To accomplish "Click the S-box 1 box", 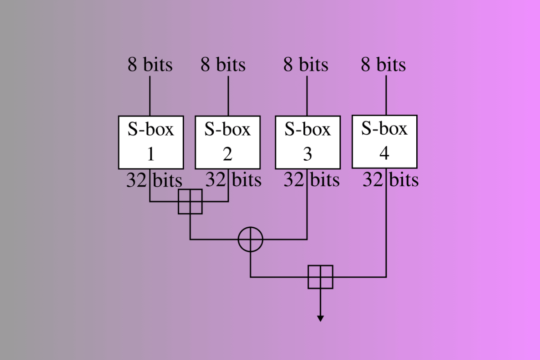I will click(151, 142).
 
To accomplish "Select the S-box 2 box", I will click(228, 142).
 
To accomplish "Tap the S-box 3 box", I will click(307, 142).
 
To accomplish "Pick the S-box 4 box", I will click(384, 141).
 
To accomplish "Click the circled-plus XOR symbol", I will click(250, 239).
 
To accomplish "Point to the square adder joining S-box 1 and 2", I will click(190, 202).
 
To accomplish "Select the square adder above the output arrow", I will click(320, 277).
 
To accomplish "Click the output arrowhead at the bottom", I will click(320, 318).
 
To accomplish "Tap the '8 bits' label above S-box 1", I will click(150, 65).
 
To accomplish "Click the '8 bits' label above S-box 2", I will click(223, 65).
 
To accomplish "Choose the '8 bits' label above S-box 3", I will click(306, 65).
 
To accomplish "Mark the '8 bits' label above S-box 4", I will click(383, 65).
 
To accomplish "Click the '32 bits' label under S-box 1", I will click(154, 180).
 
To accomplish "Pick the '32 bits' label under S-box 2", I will click(234, 180).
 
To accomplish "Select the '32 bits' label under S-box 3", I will click(311, 180).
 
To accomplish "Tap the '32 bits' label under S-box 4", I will click(391, 180).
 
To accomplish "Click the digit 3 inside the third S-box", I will click(307, 154).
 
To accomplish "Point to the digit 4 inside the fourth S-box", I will click(384, 153).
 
